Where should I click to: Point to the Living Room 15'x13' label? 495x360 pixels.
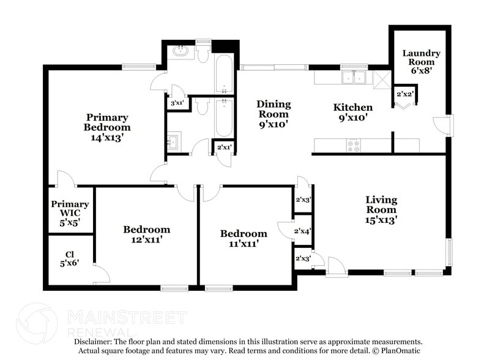tap(381, 209)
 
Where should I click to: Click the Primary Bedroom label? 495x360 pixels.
tap(107, 127)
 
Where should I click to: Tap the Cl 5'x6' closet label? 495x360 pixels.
tap(70, 259)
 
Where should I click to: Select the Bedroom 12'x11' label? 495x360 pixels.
tap(146, 234)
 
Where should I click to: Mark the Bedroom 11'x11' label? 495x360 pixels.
tap(244, 238)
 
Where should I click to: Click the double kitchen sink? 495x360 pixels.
tap(354, 78)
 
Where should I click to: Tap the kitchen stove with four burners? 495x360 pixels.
tap(354, 146)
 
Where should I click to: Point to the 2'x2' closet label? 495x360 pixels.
tap(405, 94)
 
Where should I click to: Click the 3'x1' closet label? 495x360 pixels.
tap(176, 103)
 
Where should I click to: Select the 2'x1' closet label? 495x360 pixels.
tap(223, 147)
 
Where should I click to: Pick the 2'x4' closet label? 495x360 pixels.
tap(303, 231)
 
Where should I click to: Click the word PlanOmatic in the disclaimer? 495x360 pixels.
tap(400, 351)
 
